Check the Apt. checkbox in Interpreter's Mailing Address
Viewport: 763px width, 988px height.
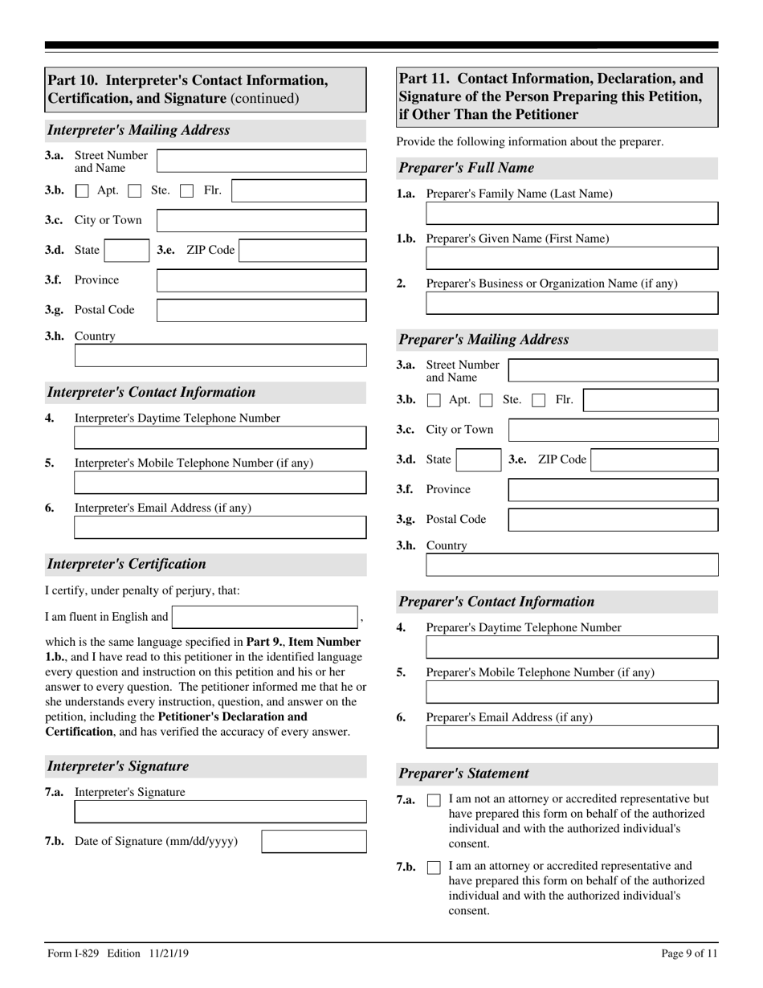82,191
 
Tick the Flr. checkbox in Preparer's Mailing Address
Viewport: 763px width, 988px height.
540,400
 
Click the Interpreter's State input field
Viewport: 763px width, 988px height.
127,251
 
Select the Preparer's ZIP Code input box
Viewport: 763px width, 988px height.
655,460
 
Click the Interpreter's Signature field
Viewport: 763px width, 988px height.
220,812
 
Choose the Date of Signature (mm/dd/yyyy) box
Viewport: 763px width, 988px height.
314,842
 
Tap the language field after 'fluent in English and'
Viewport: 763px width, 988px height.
265,617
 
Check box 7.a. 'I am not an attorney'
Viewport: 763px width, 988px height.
434,800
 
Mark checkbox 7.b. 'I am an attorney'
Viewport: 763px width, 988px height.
434,868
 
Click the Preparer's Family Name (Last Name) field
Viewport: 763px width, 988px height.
572,214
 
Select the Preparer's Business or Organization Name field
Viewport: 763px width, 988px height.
572,303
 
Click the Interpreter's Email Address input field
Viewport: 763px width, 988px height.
220,528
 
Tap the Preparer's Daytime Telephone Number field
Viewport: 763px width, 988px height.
572,647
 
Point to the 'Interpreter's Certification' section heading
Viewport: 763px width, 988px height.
126,564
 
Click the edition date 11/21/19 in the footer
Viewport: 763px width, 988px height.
169,953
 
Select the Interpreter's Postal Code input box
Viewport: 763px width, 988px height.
261,310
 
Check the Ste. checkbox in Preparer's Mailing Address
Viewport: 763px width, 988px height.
486,400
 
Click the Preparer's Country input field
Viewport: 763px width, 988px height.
572,565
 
